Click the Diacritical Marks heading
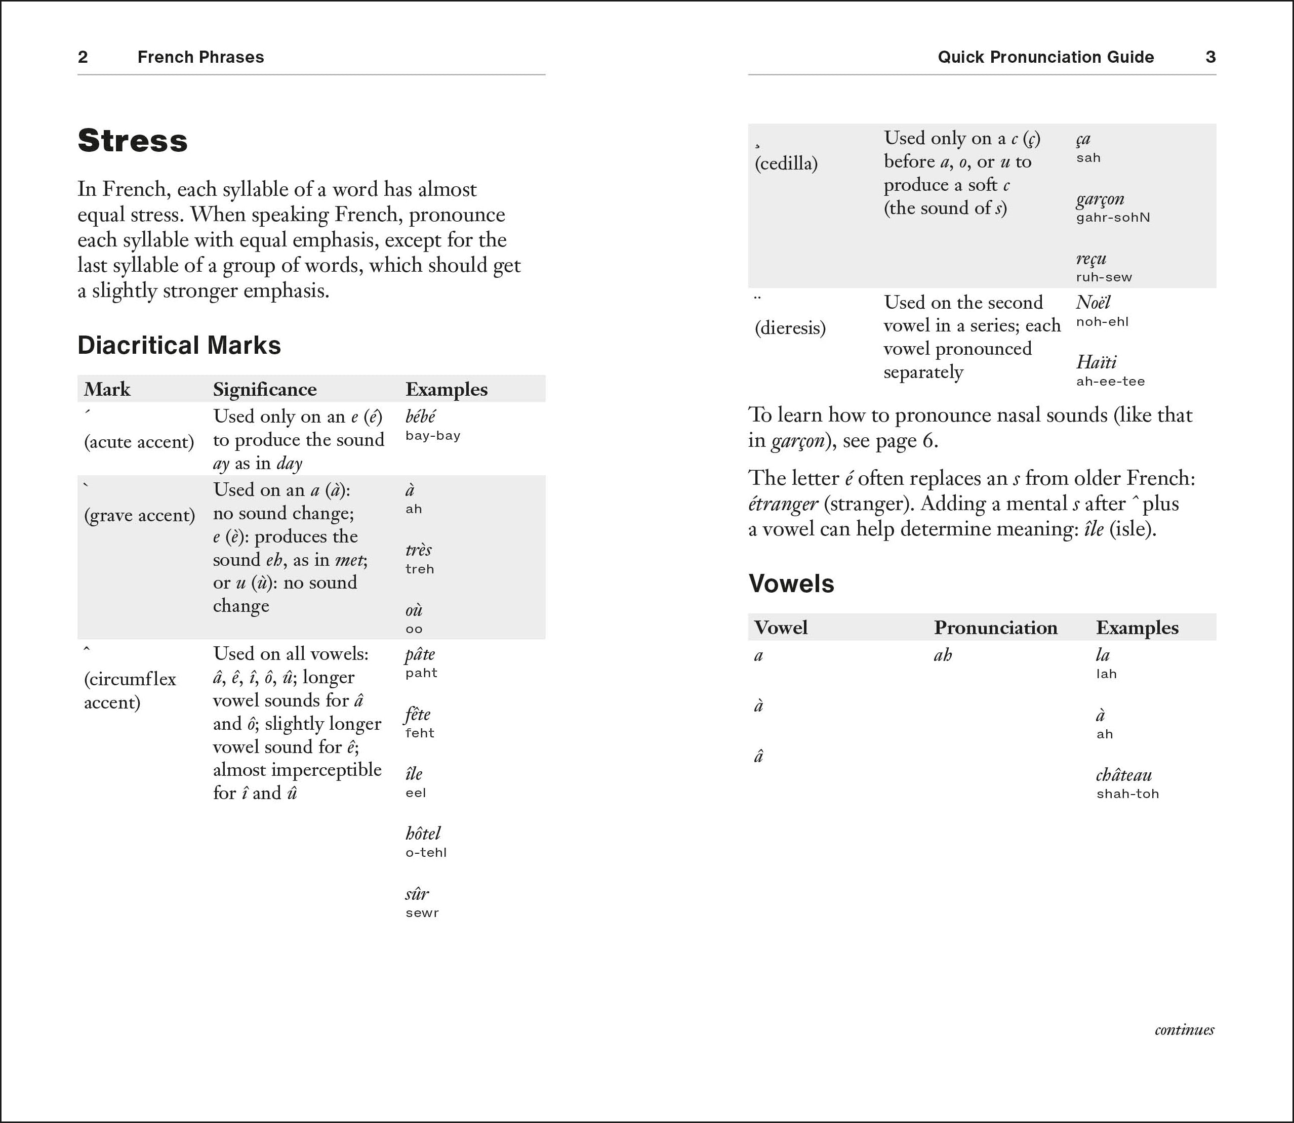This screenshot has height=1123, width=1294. (179, 345)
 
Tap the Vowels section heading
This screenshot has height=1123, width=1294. (791, 584)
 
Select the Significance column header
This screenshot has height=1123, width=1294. (265, 389)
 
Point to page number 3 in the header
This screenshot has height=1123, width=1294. (1210, 57)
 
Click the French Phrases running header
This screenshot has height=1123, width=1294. (200, 57)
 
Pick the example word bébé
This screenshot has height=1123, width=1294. (420, 417)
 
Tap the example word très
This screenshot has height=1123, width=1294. (418, 550)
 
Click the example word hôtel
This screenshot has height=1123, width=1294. (423, 834)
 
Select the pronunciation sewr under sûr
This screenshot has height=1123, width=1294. (422, 913)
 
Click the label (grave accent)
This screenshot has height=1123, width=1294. (139, 515)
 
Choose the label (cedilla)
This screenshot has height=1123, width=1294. (786, 163)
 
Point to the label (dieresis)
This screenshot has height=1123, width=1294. (790, 328)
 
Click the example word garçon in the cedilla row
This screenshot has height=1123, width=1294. (1100, 199)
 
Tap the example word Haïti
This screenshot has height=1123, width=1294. (1096, 362)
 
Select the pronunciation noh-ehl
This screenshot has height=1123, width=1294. (1102, 322)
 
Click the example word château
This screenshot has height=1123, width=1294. (1123, 775)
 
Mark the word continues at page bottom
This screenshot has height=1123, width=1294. (1184, 1029)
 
